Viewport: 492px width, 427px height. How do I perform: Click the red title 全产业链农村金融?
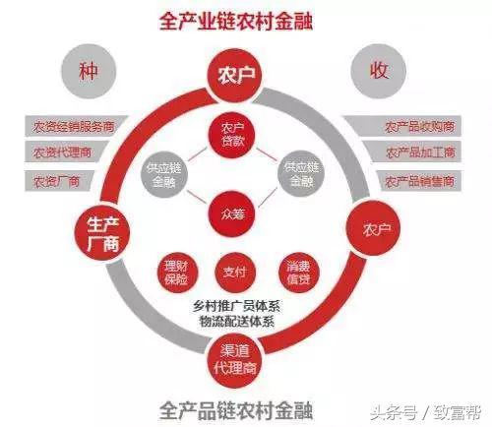[x=236, y=22]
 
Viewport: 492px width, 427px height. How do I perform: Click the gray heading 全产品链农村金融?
[x=236, y=410]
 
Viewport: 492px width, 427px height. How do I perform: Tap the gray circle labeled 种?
[x=89, y=71]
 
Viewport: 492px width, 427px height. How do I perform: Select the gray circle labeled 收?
[x=379, y=71]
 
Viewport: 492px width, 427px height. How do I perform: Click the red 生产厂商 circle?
[x=102, y=233]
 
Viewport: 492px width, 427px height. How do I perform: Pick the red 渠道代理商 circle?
[x=234, y=360]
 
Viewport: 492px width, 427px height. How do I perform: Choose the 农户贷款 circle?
[x=232, y=135]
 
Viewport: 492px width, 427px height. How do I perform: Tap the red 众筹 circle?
[x=232, y=213]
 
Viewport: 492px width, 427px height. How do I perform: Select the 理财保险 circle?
[x=177, y=273]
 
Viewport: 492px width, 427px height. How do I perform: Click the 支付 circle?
[x=235, y=273]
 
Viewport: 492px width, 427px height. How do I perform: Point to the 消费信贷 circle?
[x=298, y=273]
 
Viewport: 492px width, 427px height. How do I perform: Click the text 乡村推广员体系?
[x=236, y=307]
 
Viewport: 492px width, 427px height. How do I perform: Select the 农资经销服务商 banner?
[x=76, y=126]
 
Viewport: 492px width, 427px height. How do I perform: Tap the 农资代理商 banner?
[x=66, y=152]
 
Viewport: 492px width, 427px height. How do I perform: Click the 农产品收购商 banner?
[x=402, y=126]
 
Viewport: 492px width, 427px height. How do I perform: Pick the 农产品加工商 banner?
[x=412, y=152]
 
